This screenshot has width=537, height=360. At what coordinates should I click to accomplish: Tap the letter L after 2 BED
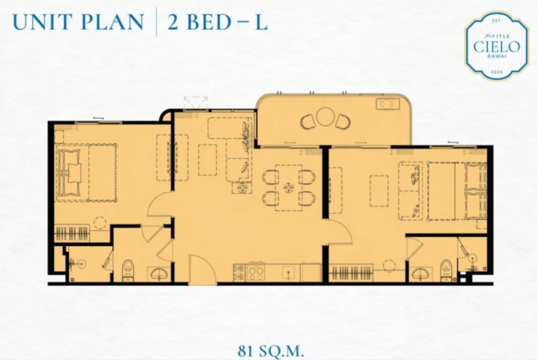pos(261,21)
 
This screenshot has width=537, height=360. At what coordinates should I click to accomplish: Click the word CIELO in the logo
pos(497,47)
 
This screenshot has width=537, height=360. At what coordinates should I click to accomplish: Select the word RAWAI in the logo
pos(497,57)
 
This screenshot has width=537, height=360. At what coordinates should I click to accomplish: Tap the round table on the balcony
pos(325,117)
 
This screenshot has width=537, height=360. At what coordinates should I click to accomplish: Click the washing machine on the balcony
pos(388,104)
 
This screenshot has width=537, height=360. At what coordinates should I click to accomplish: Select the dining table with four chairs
pos(289,188)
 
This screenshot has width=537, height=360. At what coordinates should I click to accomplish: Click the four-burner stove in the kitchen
pos(255,272)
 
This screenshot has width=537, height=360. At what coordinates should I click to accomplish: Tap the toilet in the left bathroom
pos(127,270)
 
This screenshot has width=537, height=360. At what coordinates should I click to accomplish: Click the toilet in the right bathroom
pos(446,270)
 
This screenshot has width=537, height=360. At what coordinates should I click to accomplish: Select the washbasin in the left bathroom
pos(158,274)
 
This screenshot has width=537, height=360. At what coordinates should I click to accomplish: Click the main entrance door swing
pos(202,269)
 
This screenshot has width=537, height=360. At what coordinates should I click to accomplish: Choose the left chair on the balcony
pos(307,122)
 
